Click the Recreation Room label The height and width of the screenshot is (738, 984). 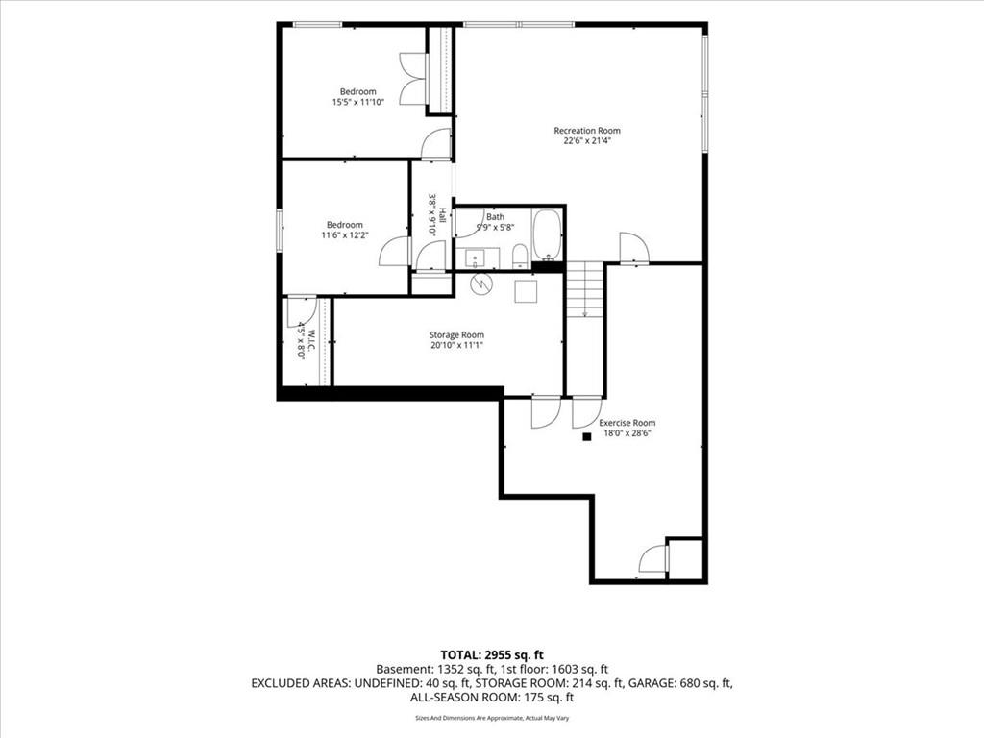(587, 131)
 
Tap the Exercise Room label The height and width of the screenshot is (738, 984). (627, 423)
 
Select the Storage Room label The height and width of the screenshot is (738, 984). (456, 335)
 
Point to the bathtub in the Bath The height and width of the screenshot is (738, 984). (547, 235)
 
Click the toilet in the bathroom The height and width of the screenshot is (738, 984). (519, 258)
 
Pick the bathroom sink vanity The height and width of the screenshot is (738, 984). (478, 258)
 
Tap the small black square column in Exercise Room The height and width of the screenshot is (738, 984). (587, 437)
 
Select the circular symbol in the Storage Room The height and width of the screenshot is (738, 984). (482, 284)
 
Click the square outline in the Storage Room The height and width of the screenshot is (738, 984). (526, 291)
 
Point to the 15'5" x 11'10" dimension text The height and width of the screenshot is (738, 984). (357, 102)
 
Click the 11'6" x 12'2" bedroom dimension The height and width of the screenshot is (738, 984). (345, 235)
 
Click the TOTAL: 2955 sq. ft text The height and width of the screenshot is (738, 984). (491, 655)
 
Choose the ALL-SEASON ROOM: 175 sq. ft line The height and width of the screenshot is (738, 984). (492, 698)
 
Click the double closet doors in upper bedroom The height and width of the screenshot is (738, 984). (413, 79)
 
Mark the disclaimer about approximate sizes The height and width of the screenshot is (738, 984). (492, 718)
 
